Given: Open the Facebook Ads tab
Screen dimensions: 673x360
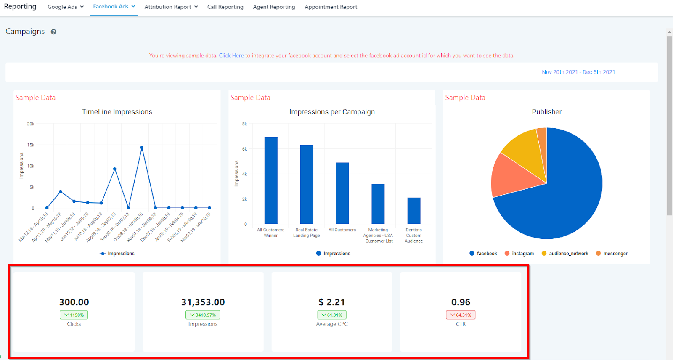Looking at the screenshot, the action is (x=114, y=7).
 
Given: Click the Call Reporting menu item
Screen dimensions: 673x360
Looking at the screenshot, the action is (x=225, y=7).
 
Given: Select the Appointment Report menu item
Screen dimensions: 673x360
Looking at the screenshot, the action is (x=331, y=7).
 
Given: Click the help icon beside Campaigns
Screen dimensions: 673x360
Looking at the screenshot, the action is (x=53, y=32).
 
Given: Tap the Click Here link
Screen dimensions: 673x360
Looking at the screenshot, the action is (x=231, y=56).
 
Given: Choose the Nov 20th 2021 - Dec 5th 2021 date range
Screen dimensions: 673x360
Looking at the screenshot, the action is (x=578, y=72).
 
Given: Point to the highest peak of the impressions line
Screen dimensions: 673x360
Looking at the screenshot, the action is (x=142, y=148).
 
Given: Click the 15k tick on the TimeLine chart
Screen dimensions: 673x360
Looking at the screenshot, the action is (x=31, y=145).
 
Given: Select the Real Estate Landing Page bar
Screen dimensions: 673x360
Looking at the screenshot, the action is (x=307, y=185).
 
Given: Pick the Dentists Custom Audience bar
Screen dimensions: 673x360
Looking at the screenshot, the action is (x=414, y=211).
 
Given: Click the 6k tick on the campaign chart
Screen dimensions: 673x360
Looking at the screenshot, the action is (x=244, y=149).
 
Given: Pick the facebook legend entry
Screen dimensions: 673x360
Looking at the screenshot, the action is (x=483, y=254).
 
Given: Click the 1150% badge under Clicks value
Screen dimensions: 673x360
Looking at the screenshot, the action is (x=74, y=315).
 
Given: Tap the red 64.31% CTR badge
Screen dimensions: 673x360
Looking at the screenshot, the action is (x=461, y=315).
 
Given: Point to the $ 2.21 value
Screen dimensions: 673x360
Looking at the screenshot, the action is (x=332, y=302).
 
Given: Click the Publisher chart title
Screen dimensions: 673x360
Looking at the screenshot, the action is (x=546, y=112).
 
